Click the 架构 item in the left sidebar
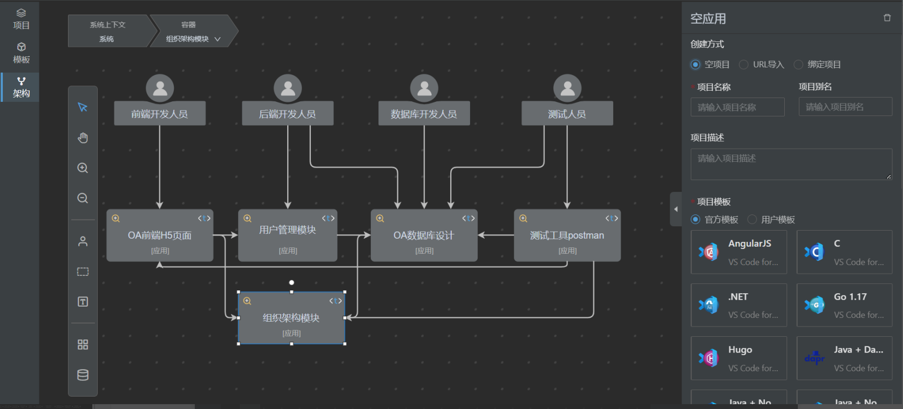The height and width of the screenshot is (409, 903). [21, 87]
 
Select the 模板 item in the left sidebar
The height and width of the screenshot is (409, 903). [21, 53]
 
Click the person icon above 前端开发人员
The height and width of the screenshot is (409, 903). [160, 88]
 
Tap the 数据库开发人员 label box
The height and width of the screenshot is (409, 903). [424, 114]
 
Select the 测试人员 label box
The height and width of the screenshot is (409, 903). [567, 114]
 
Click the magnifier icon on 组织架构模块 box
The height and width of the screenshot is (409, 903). [247, 301]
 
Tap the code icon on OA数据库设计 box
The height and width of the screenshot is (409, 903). [469, 218]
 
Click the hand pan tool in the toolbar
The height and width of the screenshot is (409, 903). [83, 138]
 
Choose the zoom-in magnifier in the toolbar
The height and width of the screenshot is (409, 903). [83, 168]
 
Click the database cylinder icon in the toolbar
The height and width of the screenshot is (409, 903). [83, 375]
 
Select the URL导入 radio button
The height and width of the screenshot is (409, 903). [744, 65]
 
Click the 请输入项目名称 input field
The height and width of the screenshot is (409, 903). [737, 107]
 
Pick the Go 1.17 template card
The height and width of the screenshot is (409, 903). [844, 305]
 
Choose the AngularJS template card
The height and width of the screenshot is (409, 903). [738, 252]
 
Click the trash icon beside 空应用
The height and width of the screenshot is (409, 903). [887, 18]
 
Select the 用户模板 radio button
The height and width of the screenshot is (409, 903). [752, 220]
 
